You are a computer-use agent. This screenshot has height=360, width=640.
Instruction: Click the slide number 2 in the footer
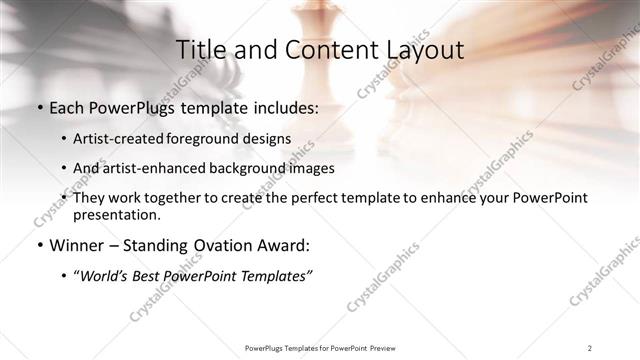pyautogui.click(x=590, y=347)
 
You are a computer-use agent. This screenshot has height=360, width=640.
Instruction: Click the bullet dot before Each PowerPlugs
pyautogui.click(x=39, y=108)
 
